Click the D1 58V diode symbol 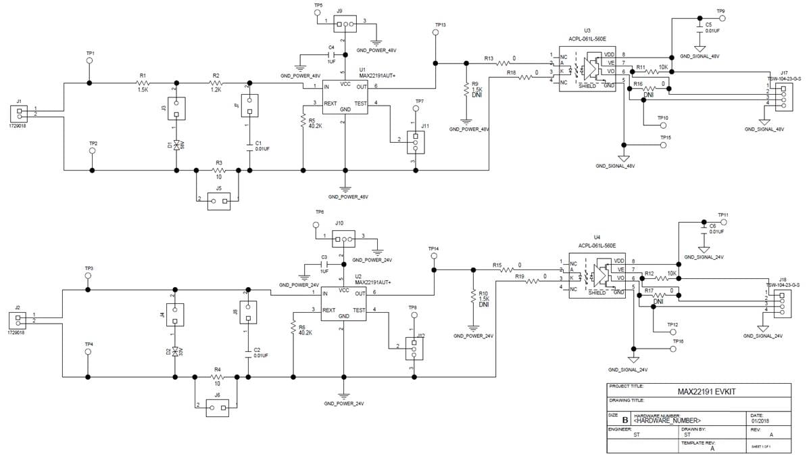pos(176,145)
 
